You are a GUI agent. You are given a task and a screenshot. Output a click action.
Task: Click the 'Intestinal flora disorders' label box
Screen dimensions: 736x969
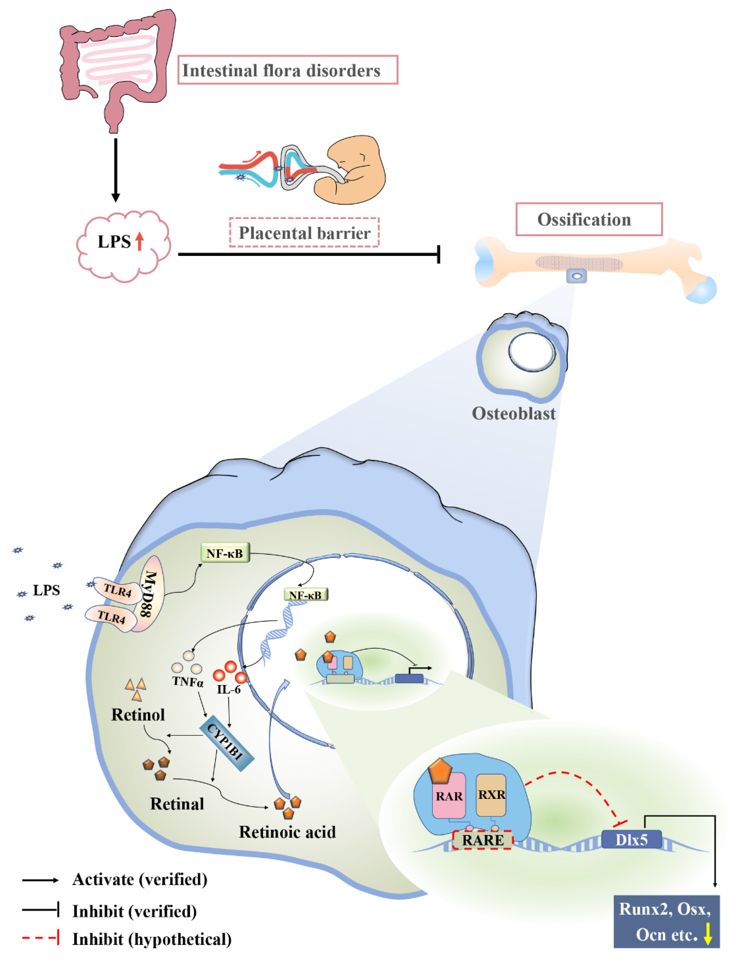pos(288,70)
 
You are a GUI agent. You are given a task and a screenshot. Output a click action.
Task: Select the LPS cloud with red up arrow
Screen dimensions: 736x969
pos(123,246)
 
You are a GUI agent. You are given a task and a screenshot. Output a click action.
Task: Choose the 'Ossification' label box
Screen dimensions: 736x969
pos(589,219)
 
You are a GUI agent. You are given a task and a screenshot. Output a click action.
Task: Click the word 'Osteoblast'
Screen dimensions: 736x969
pos(513,413)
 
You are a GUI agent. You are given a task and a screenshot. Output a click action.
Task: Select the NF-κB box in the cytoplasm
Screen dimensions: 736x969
pos(225,553)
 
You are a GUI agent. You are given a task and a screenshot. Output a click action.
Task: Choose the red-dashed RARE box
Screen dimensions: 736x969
pos(482,840)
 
